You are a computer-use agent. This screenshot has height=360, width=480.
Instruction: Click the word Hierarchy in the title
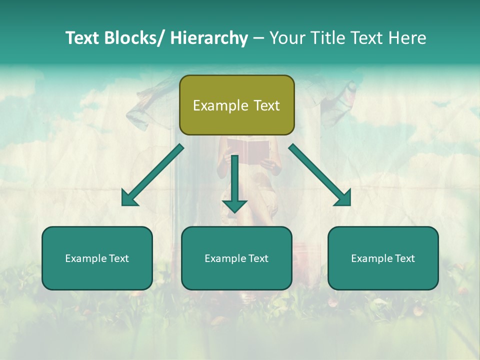click(209, 38)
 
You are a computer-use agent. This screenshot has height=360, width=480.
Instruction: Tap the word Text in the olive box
click(266, 105)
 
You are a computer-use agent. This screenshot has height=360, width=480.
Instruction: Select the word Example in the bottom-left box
click(86, 258)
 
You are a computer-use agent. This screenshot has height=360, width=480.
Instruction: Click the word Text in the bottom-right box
click(405, 258)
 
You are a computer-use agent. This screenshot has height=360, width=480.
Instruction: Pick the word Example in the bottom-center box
click(225, 258)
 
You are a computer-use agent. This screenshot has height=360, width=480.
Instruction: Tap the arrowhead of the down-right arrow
click(343, 198)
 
